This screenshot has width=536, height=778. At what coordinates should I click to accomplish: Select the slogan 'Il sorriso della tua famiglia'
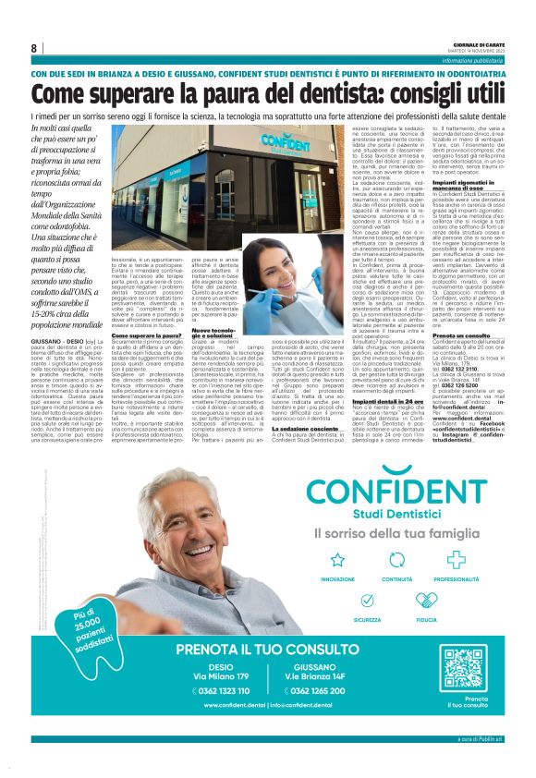click(x=394, y=533)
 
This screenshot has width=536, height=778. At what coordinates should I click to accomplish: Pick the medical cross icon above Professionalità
click(x=450, y=560)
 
